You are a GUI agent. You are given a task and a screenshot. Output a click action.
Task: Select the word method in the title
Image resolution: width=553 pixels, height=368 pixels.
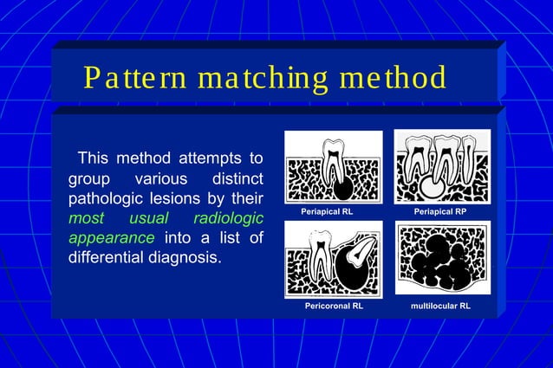pos(393,78)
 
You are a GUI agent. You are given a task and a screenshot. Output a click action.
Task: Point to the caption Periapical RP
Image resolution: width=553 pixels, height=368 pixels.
pos(440,211)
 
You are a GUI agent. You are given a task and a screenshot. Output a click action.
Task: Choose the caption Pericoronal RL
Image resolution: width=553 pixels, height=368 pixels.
pos(333,306)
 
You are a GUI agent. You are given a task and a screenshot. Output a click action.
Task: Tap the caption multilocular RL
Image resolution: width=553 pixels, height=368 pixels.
pos(440,306)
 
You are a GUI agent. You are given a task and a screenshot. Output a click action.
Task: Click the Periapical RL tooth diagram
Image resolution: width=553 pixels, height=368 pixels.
pos(333,167)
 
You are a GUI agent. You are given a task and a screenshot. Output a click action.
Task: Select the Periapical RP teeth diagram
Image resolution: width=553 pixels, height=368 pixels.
pos(442,167)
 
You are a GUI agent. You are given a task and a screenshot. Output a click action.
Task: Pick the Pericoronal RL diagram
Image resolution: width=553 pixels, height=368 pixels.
pos(333,260)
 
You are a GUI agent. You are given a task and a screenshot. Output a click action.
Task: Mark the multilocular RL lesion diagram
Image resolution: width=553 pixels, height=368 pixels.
pos(442,258)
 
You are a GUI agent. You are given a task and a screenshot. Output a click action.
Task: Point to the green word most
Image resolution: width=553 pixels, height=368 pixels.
pos(85,218)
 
